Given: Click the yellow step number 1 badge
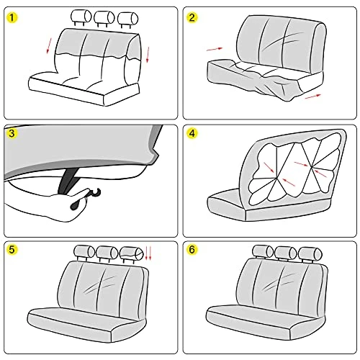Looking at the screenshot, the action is [12, 18].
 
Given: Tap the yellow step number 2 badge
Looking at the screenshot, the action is [192, 18].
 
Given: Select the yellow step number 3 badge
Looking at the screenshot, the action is [12, 133].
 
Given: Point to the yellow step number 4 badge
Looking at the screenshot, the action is [192, 133].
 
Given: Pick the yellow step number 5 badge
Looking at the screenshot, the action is [12, 250].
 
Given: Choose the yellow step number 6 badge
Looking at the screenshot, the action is [192, 250].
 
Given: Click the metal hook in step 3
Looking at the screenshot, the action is [95, 193].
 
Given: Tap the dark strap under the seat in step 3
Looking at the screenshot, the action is [68, 181].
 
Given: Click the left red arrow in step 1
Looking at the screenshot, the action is [49, 45].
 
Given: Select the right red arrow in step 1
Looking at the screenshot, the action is [148, 55].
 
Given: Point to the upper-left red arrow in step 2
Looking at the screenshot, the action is [215, 49].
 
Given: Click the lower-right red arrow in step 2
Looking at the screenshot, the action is [313, 96].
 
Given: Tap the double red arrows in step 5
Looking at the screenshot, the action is [148, 253].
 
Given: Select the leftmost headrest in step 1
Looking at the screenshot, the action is [81, 17].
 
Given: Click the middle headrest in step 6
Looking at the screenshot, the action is [286, 253].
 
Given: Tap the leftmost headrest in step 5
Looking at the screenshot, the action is [84, 253].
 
